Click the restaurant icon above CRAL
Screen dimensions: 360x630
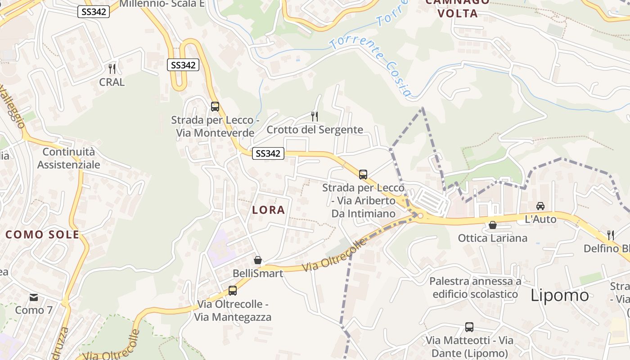pos(112,69)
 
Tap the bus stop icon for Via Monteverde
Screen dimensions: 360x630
pos(215,107)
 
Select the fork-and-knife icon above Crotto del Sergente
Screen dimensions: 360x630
pos(315,117)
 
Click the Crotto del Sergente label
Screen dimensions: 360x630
pos(315,130)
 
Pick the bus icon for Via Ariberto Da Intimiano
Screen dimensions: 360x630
pos(363,175)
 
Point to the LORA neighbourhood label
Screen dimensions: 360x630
pos(269,210)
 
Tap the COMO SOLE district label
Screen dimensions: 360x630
pos(42,234)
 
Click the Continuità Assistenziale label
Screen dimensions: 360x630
pos(68,158)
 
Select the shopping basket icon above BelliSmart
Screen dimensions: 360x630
pos(258,260)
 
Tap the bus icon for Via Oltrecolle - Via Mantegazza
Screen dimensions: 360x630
pos(232,291)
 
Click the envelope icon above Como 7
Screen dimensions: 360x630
pos(34,297)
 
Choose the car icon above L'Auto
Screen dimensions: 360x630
pos(540,206)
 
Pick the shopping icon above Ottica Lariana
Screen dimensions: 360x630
pos(493,225)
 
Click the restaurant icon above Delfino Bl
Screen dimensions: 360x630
pos(611,235)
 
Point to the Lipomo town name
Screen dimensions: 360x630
pos(559,295)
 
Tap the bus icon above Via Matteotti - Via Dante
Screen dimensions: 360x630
pos(469,327)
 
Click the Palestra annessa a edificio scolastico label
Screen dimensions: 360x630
pos(475,288)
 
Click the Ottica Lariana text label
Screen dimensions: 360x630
pos(492,238)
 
